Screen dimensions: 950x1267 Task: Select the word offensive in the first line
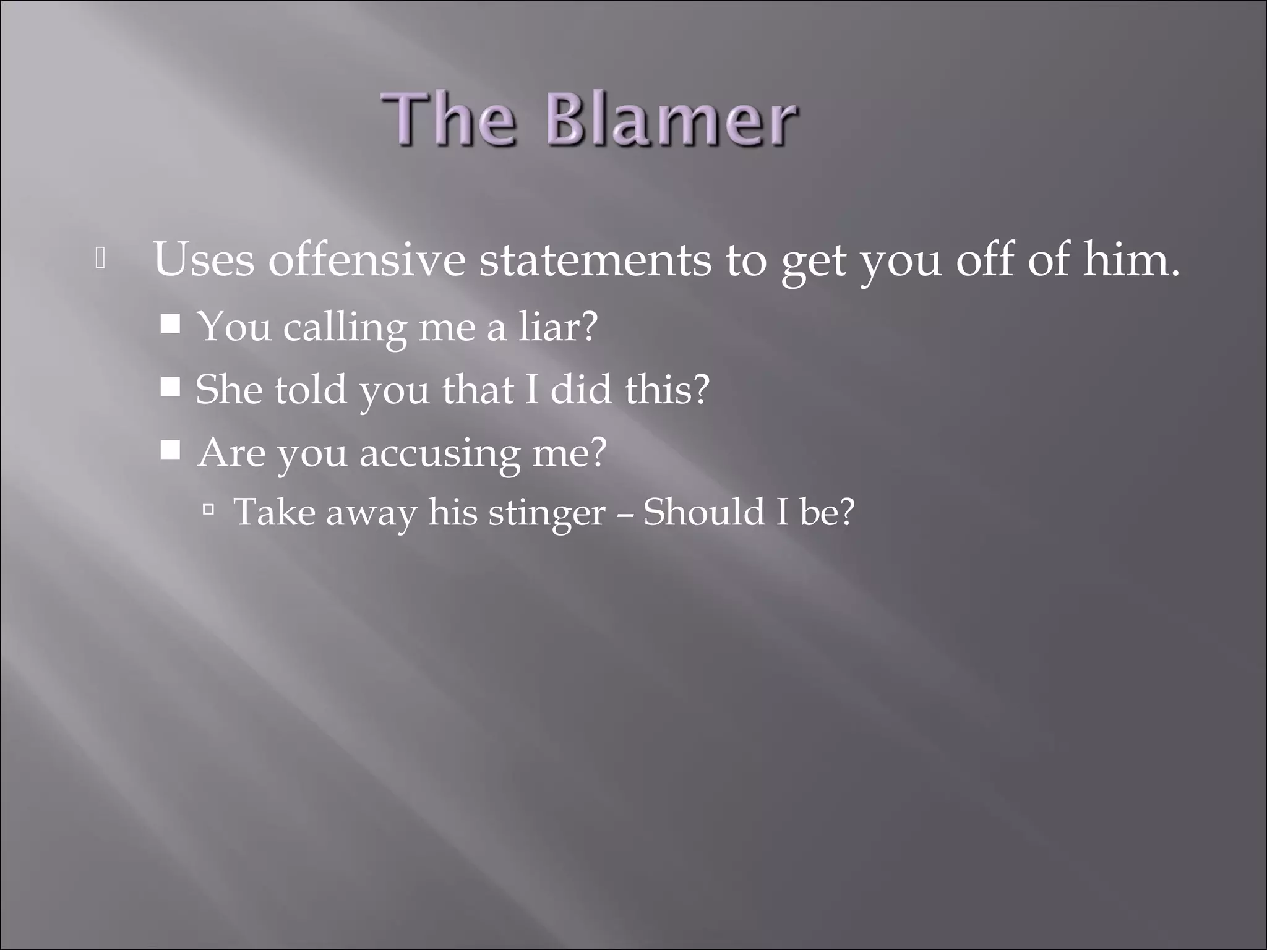(366, 260)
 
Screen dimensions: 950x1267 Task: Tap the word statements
(595, 260)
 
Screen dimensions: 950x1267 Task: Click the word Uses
(204, 260)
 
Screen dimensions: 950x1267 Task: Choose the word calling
(345, 328)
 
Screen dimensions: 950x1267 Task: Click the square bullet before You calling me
(170, 323)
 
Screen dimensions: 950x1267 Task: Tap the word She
(229, 390)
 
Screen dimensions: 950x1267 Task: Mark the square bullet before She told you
(170, 387)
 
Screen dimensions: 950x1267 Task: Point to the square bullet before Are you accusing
(170, 450)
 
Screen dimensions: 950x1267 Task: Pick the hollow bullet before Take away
(208, 510)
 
